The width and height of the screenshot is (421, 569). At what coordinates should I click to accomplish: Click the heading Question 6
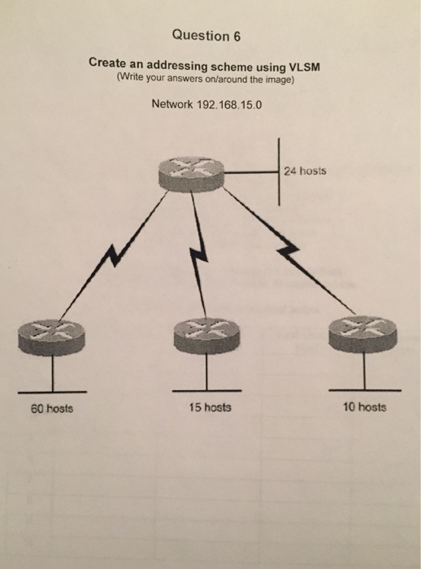(x=207, y=36)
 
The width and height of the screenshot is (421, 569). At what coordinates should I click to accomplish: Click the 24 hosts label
(x=306, y=172)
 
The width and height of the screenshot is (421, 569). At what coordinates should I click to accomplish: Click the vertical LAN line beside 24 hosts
(x=278, y=173)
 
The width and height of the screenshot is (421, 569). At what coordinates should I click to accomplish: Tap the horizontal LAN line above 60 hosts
(x=52, y=389)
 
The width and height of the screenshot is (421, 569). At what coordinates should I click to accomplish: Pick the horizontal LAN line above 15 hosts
(x=205, y=389)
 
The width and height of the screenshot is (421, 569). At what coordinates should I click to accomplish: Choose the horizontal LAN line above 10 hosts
(x=363, y=389)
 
